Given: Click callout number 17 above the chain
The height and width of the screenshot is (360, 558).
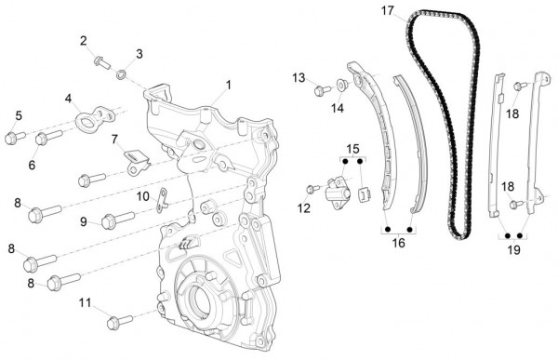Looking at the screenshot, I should (388, 11).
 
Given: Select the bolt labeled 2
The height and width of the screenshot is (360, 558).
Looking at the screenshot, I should (100, 61).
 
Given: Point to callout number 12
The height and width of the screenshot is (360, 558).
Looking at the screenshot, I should (304, 208).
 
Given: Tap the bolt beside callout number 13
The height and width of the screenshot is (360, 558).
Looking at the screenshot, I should (323, 90).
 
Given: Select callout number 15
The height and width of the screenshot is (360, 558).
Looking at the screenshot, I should (352, 149).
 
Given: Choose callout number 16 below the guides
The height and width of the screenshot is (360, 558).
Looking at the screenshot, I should (398, 243).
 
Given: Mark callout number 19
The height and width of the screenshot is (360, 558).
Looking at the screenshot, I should (513, 249).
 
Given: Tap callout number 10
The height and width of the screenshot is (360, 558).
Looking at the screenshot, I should (142, 196).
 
